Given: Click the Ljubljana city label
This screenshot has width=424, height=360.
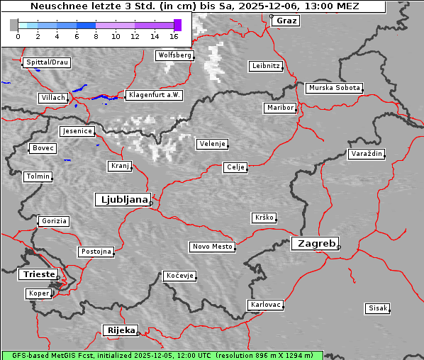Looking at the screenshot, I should tap(122, 199).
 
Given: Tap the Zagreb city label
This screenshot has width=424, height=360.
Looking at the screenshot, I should tap(314, 243).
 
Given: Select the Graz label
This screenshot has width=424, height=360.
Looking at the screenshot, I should tap(286, 21).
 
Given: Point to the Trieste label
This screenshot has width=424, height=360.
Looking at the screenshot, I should tap(36, 274).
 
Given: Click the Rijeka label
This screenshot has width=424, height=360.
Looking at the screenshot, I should tap(121, 330).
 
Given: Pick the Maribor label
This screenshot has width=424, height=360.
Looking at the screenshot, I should tap(279, 108).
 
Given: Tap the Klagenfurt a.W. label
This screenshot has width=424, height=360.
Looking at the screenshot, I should tap(154, 95).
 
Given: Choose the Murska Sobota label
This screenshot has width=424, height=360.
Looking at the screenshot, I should tap(334, 89).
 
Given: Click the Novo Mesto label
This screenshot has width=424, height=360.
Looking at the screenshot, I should tap(212, 247).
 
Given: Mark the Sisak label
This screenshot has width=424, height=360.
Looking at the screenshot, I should tap(377, 308).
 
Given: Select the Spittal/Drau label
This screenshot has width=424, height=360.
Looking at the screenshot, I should tap(47, 62).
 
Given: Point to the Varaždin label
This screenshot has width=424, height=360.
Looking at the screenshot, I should tap(367, 154).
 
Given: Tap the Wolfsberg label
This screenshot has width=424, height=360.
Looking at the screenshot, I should tap(174, 55).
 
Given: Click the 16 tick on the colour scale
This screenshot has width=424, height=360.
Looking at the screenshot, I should tap(174, 35).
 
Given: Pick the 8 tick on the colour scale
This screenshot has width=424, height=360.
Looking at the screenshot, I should tap(96, 35).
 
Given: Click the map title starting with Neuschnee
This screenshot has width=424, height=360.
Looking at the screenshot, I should tap(195, 6).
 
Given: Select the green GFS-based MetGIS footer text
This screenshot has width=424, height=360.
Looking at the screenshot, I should tap(162, 355).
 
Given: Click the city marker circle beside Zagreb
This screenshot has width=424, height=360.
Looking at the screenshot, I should tap(339, 247).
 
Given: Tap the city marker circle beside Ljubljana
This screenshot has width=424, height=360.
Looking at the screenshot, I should tap(151, 203).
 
